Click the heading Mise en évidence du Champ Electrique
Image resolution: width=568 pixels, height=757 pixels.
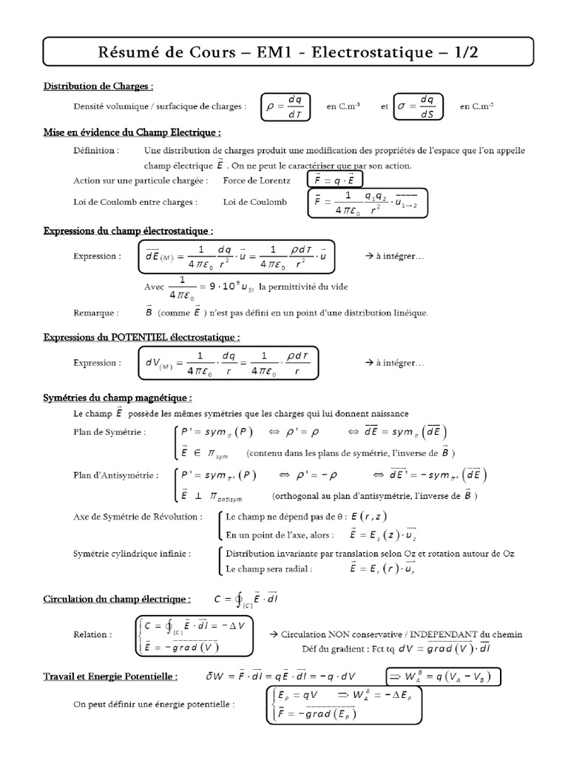point(132,132)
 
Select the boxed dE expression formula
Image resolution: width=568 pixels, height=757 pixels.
point(234,257)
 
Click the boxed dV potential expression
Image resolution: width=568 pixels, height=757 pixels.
point(227,363)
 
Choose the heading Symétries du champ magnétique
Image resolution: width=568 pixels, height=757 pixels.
point(118,398)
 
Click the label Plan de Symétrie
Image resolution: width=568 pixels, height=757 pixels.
point(109,432)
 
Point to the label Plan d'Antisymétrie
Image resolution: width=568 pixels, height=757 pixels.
point(115,475)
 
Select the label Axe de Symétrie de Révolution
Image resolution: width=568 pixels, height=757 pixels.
point(137,517)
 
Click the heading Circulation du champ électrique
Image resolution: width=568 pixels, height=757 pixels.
point(116,598)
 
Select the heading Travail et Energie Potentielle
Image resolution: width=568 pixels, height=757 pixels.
point(109,676)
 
